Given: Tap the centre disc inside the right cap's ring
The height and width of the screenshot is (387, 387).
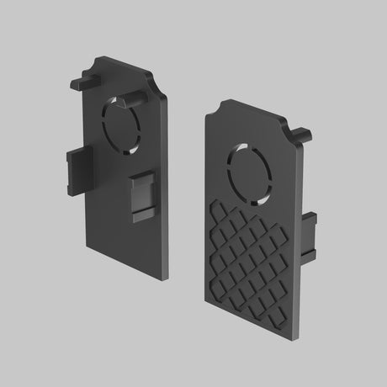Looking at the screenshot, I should pos(250,174).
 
